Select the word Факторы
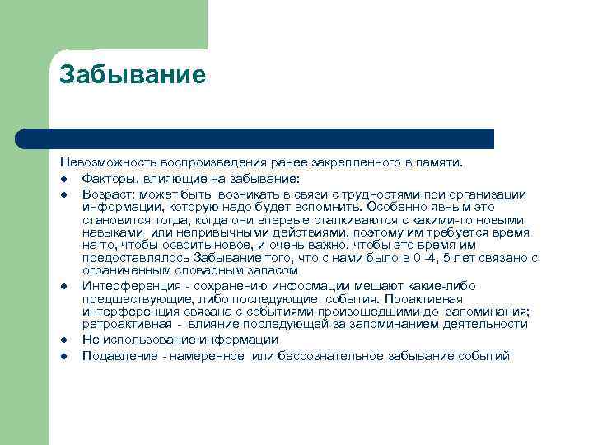pyautogui.click(x=110, y=178)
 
